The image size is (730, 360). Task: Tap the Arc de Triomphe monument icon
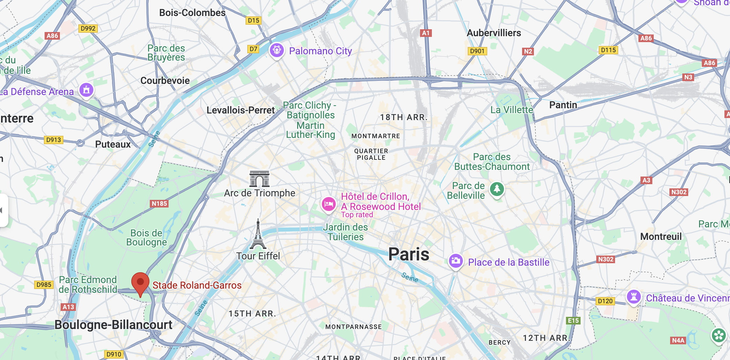point(259,179)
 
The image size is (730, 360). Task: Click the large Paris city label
point(409,254)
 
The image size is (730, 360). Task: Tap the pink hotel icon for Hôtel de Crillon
point(328,204)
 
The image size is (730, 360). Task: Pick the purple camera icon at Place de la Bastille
point(456,261)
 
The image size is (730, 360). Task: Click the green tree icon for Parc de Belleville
point(497,189)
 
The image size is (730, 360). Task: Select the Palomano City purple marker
point(277,50)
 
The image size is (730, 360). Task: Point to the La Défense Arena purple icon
point(86,90)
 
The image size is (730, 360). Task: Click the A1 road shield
point(426,33)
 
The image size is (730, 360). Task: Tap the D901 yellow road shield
point(477,51)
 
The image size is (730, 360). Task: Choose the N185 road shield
point(159,203)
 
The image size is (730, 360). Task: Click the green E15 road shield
point(573,320)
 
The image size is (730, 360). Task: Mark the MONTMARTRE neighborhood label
point(375,136)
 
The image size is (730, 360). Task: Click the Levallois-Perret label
point(241,110)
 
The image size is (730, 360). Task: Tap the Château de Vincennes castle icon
point(634,297)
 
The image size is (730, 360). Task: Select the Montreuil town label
point(661,237)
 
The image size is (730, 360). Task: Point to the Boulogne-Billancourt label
point(114,324)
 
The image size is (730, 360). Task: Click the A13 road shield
point(68,307)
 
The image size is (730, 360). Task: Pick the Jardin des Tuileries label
point(345,232)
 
